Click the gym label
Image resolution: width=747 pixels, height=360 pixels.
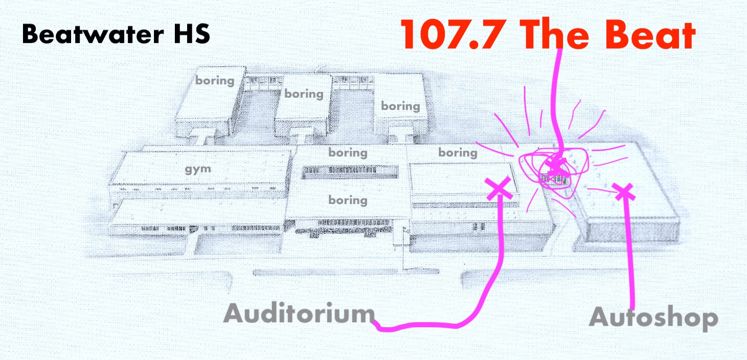pyautogui.click(x=198, y=169)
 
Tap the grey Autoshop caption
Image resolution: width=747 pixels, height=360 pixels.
pyautogui.click(x=653, y=318)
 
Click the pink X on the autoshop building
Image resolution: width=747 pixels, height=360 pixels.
pyautogui.click(x=624, y=192)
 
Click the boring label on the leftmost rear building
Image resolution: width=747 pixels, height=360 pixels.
pyautogui.click(x=215, y=80)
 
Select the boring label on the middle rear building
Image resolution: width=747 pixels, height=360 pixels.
pyautogui.click(x=304, y=94)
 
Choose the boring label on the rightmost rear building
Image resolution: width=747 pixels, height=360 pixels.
pyautogui.click(x=400, y=106)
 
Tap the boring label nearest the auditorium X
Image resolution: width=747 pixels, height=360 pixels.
pyautogui.click(x=458, y=152)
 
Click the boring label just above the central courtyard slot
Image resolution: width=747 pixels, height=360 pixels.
pyautogui.click(x=348, y=152)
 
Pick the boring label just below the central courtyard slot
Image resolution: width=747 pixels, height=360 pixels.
pyautogui.click(x=348, y=199)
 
